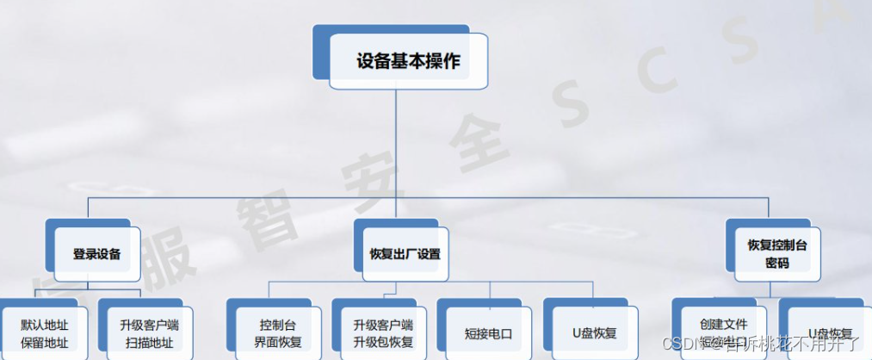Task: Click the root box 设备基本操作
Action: (x=408, y=61)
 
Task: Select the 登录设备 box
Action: (x=96, y=254)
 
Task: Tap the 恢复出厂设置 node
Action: (x=404, y=254)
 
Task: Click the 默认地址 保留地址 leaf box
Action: (x=45, y=333)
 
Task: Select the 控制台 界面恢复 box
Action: (x=277, y=333)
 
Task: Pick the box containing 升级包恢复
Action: (x=382, y=342)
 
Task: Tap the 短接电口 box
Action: (x=487, y=333)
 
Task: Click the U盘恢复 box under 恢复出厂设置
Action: (x=594, y=333)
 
